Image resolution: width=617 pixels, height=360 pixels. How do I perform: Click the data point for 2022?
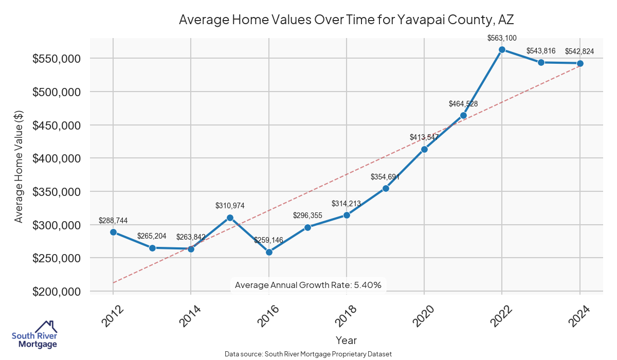502,49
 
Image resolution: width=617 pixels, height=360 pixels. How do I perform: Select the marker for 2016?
268,252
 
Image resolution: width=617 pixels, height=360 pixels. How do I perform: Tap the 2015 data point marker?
230,218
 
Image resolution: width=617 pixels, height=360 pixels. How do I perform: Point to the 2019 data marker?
386,188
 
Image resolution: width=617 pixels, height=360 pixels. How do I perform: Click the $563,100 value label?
502,38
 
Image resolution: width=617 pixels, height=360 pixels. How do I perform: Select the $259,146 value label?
268,240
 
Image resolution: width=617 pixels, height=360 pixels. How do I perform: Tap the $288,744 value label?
113,221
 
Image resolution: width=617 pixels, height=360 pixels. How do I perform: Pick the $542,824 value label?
579,51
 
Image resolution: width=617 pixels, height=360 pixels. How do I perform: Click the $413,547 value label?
424,137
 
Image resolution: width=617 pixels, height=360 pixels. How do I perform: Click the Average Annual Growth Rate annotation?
307,285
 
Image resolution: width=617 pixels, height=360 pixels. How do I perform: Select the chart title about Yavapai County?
346,20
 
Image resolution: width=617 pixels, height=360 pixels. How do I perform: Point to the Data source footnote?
308,354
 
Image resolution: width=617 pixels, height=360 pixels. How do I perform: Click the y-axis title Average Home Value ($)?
19,166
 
